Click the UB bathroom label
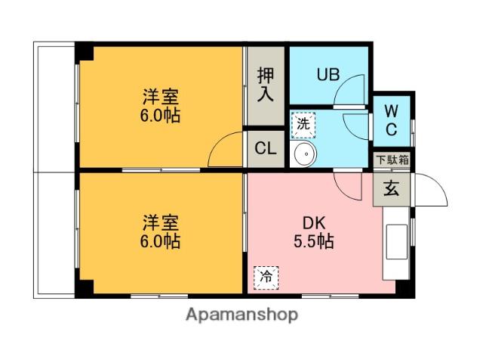pyautogui.click(x=328, y=74)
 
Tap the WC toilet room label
pyautogui.click(x=392, y=120)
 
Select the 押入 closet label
pyautogui.click(x=265, y=84)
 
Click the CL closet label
pyautogui.click(x=265, y=149)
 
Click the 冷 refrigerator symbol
pyautogui.click(x=266, y=278)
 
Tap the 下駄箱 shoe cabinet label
pyautogui.click(x=393, y=160)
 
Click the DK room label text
pyautogui.click(x=314, y=224)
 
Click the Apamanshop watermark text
pyautogui.click(x=242, y=314)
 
